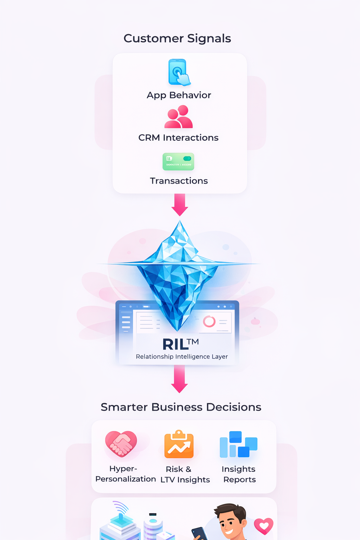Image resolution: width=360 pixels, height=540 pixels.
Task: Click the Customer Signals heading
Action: tap(177, 38)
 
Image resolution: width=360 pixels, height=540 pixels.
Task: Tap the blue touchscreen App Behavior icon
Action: tap(179, 72)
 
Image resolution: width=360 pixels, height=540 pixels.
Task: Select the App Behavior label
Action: tap(179, 95)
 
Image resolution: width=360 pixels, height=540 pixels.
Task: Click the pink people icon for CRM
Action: tap(179, 117)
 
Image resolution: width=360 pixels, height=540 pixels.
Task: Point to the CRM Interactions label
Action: tap(178, 138)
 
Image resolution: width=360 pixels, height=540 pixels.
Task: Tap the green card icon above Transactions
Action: tap(178, 161)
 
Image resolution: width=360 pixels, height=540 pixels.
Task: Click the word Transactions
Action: tap(179, 181)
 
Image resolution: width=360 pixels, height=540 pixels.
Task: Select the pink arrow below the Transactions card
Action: tap(180, 205)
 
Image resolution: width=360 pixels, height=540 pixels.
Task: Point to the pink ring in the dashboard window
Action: tap(209, 321)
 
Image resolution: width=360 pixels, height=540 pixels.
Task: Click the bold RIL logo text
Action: tap(176, 345)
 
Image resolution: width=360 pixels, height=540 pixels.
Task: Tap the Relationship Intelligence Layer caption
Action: tap(182, 356)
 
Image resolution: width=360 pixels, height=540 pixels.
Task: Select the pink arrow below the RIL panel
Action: tap(179, 379)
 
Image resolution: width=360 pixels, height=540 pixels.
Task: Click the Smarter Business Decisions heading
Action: tap(181, 407)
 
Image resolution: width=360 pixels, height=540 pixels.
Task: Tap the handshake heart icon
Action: tap(121, 444)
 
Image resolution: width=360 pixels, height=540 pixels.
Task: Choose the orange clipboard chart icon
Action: tap(179, 445)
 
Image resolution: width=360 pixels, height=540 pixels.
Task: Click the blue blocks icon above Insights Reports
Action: tap(238, 444)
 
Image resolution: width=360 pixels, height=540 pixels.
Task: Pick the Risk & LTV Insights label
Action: tap(185, 474)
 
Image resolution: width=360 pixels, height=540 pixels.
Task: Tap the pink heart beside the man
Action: tap(264, 526)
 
